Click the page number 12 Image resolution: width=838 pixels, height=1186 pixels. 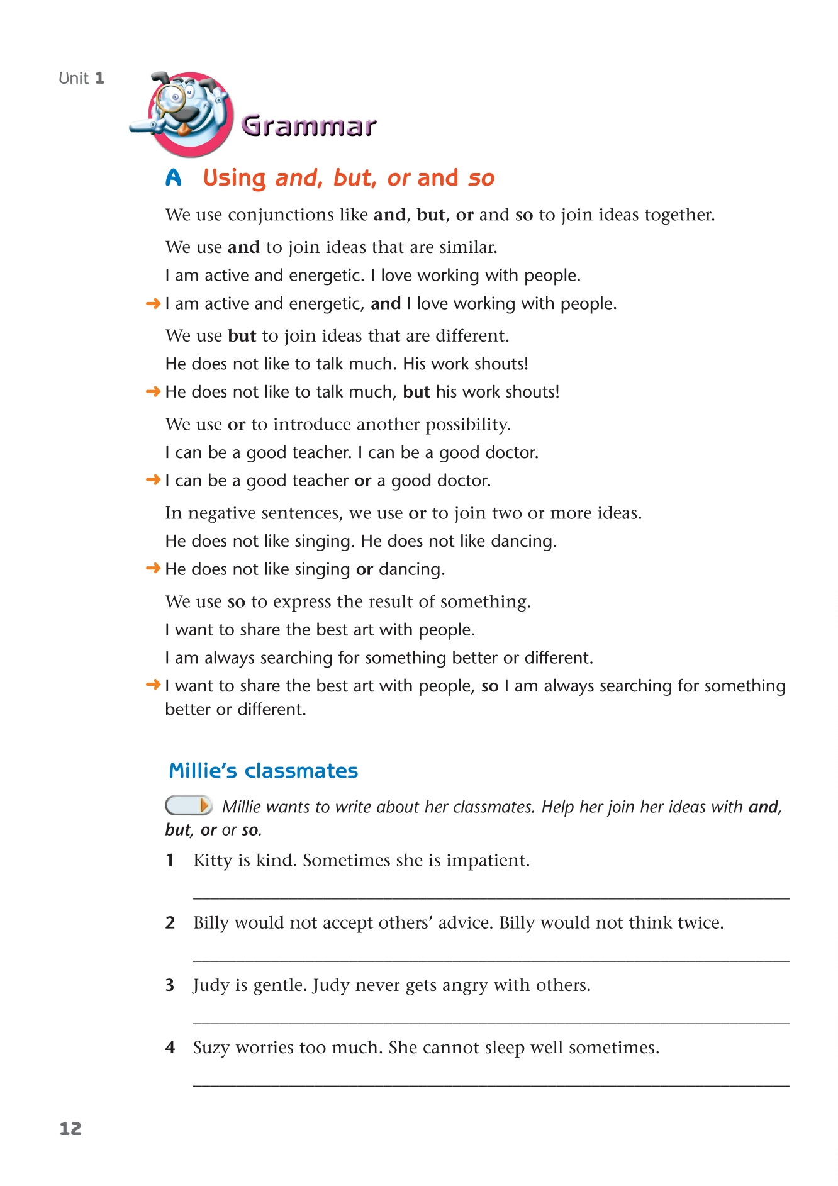coord(70,1129)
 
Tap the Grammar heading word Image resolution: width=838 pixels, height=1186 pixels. coord(309,126)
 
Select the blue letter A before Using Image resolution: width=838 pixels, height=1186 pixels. coord(174,178)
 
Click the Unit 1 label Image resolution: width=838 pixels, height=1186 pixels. coord(81,78)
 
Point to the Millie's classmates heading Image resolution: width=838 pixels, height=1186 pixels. coord(263,771)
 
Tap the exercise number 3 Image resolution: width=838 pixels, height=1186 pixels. coord(170,985)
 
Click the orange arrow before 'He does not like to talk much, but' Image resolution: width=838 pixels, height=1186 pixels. coord(153,392)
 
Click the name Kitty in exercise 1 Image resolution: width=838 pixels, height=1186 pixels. coord(213,861)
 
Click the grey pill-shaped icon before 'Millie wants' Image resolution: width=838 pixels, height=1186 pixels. coord(188,805)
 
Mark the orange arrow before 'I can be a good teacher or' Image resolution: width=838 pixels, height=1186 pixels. coord(153,481)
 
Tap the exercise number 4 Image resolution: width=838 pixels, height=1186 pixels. coord(170,1048)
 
